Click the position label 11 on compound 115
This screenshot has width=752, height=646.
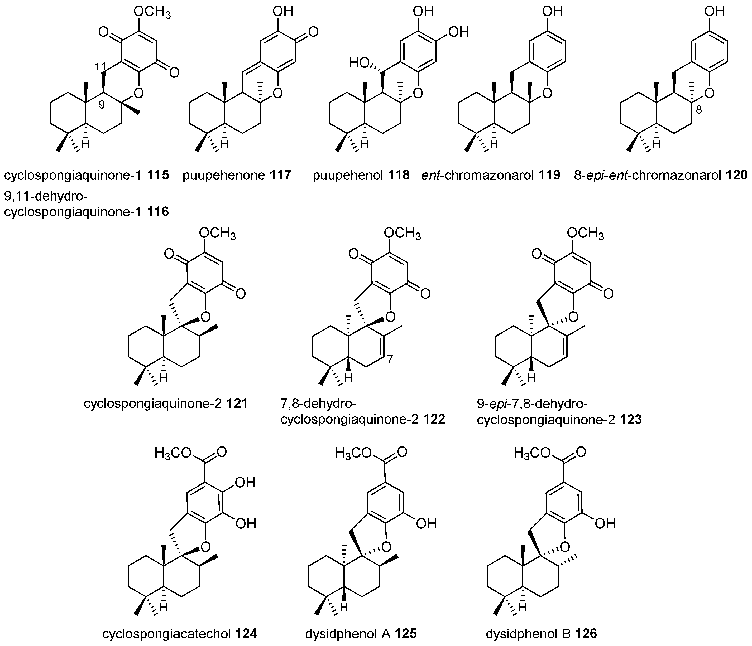pyautogui.click(x=100, y=66)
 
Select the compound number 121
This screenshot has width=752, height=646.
pyautogui.click(x=237, y=403)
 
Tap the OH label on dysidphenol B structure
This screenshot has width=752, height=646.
pyautogui.click(x=605, y=523)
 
